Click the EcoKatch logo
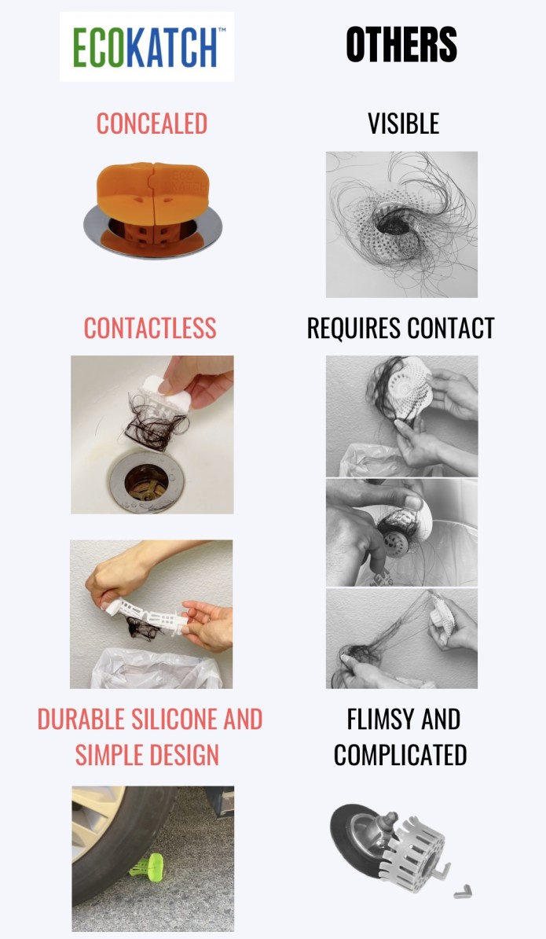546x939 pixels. click(x=146, y=46)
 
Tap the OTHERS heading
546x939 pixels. click(x=401, y=45)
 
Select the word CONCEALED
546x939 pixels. click(x=152, y=123)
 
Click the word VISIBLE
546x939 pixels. click(x=403, y=123)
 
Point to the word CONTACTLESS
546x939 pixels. click(x=150, y=328)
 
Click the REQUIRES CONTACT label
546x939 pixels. click(x=401, y=328)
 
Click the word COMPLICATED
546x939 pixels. click(x=400, y=755)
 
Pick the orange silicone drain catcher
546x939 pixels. click(x=152, y=191)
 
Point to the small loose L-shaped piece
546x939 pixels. click(x=462, y=892)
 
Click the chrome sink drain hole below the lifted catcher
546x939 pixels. click(x=146, y=481)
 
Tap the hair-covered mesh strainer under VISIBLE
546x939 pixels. click(x=393, y=220)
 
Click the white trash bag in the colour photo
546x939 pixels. click(x=149, y=668)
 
